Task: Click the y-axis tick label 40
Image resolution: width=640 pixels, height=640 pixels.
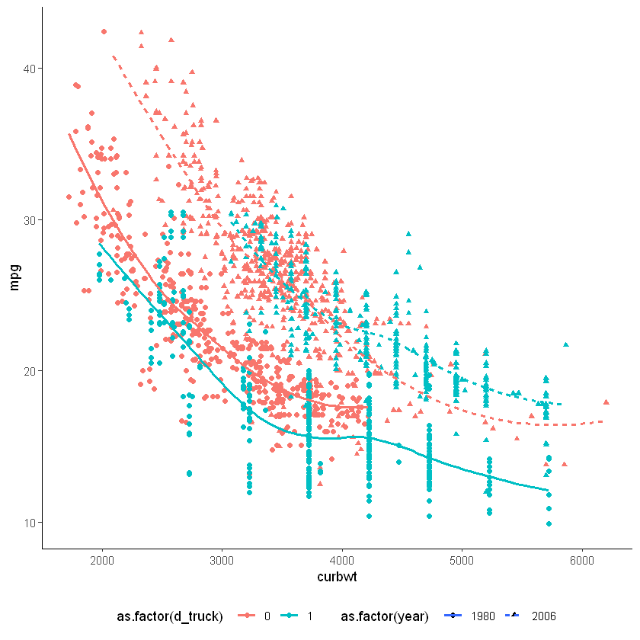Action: pos(30,69)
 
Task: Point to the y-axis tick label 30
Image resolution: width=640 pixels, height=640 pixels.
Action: pos(30,219)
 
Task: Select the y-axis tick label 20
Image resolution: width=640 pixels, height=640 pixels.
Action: pos(30,371)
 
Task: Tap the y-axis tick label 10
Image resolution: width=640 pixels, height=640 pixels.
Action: pos(30,522)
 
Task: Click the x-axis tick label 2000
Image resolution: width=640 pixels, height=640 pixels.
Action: pos(101,560)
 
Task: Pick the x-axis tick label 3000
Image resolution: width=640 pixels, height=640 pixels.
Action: pos(222,560)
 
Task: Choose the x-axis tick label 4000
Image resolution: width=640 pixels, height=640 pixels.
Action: pos(342,560)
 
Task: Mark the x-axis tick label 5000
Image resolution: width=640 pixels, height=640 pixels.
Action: pos(462,560)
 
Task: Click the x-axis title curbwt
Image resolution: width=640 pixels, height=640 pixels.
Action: pos(338,578)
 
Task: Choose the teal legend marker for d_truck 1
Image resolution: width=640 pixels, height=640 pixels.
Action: pos(292,616)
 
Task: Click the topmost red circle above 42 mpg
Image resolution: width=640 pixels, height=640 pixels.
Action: pos(104,32)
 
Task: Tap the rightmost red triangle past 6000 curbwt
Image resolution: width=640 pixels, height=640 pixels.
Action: pos(606,402)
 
